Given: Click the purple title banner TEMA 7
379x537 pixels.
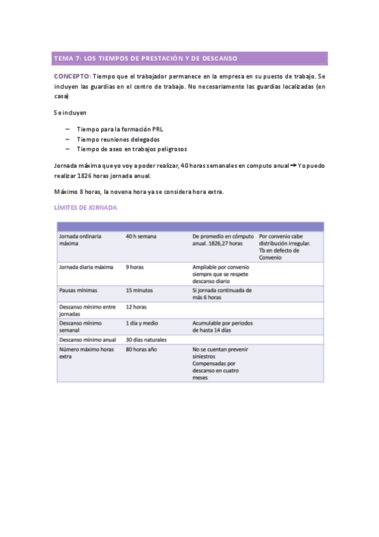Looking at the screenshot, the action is click(x=146, y=58).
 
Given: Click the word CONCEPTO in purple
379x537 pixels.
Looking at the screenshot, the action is click(x=72, y=76).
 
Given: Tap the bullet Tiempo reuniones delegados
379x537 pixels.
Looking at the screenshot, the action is click(x=118, y=139).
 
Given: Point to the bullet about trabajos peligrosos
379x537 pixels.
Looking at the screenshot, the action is click(x=131, y=149).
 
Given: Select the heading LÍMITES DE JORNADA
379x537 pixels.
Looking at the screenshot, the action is click(x=82, y=207).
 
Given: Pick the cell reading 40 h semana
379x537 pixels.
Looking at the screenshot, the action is click(x=141, y=236).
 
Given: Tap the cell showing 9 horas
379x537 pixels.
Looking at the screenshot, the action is click(x=135, y=267).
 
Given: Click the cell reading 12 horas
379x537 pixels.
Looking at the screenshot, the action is click(x=137, y=306).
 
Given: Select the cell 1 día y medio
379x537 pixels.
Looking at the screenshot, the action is click(x=142, y=323).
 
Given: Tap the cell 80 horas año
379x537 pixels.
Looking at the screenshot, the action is click(x=141, y=349).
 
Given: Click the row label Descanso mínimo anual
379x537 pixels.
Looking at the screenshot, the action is click(x=87, y=339).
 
